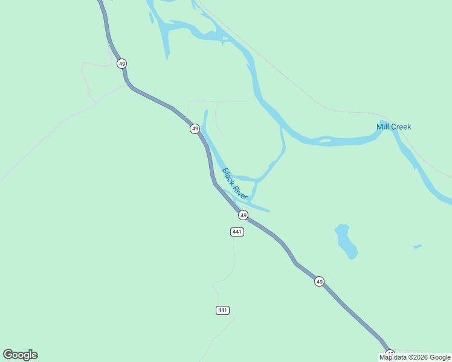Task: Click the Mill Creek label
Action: [393, 127]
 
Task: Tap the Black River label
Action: [235, 184]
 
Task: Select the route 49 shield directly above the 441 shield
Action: [243, 215]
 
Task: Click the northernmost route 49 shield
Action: [122, 63]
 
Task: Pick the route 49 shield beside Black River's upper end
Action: [195, 129]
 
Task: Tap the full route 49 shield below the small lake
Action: [319, 281]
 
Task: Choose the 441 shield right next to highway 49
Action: [237, 232]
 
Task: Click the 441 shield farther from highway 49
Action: [222, 310]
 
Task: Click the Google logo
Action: [20, 355]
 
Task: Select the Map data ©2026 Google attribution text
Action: [415, 357]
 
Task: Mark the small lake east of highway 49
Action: [346, 241]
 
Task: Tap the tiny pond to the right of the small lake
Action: [417, 246]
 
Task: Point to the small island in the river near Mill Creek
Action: [325, 141]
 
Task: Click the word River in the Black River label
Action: [241, 191]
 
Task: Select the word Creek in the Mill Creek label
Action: [401, 127]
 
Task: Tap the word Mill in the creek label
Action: [383, 127]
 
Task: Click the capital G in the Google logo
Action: [8, 355]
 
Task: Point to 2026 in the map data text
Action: [421, 357]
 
